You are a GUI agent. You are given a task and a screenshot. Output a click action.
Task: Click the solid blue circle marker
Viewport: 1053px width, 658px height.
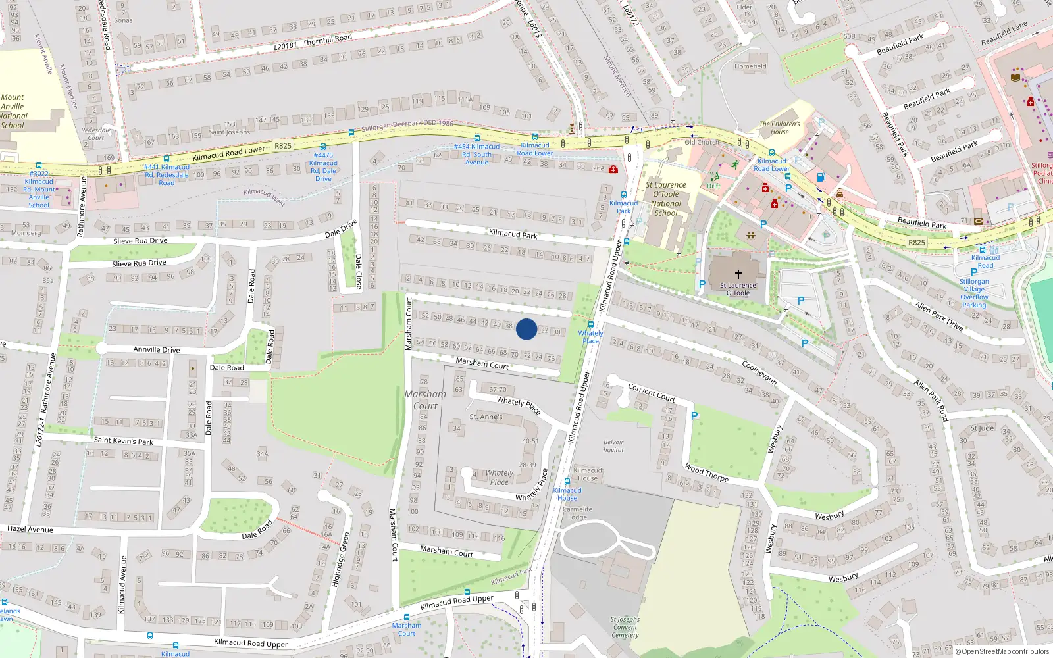pyautogui.click(x=526, y=329)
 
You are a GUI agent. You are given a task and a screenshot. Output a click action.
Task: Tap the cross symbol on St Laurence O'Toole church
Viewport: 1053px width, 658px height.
pyautogui.click(x=738, y=274)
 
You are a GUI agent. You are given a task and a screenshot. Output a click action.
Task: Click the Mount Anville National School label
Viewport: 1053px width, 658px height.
pyautogui.click(x=13, y=111)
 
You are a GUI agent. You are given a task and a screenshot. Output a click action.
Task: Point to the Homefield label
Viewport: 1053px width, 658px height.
pyautogui.click(x=750, y=66)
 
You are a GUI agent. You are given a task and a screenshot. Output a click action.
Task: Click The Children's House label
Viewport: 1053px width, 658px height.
pyautogui.click(x=780, y=128)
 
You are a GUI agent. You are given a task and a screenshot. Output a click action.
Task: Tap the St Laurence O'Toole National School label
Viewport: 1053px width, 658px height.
pyautogui.click(x=666, y=199)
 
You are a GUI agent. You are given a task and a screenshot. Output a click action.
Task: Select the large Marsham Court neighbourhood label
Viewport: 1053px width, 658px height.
pyautogui.click(x=425, y=399)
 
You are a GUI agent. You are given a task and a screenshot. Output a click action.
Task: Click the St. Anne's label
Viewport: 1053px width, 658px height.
pyautogui.click(x=486, y=417)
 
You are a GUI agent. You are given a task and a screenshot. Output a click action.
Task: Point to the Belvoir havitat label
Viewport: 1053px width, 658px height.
pyautogui.click(x=613, y=446)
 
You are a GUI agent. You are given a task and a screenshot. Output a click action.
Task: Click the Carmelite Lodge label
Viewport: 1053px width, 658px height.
pyautogui.click(x=577, y=513)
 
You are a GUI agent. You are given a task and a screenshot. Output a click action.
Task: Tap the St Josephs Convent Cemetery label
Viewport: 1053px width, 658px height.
pyautogui.click(x=625, y=627)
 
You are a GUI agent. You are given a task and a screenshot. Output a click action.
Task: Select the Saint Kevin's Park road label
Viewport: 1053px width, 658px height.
pyautogui.click(x=123, y=441)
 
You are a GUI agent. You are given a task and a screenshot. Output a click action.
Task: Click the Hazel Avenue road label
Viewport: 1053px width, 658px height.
pyautogui.click(x=30, y=529)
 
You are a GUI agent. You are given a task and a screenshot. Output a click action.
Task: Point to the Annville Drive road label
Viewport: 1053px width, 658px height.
pyautogui.click(x=157, y=349)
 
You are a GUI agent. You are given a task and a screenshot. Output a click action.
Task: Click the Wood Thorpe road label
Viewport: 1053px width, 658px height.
pyautogui.click(x=706, y=472)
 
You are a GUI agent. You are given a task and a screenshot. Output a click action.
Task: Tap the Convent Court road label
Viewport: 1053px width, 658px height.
pyautogui.click(x=652, y=393)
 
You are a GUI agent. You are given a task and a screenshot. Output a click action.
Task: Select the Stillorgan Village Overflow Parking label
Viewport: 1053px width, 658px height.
pyautogui.click(x=974, y=293)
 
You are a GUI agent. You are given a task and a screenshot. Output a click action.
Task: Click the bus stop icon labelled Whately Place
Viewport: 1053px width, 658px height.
pyautogui.click(x=591, y=324)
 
